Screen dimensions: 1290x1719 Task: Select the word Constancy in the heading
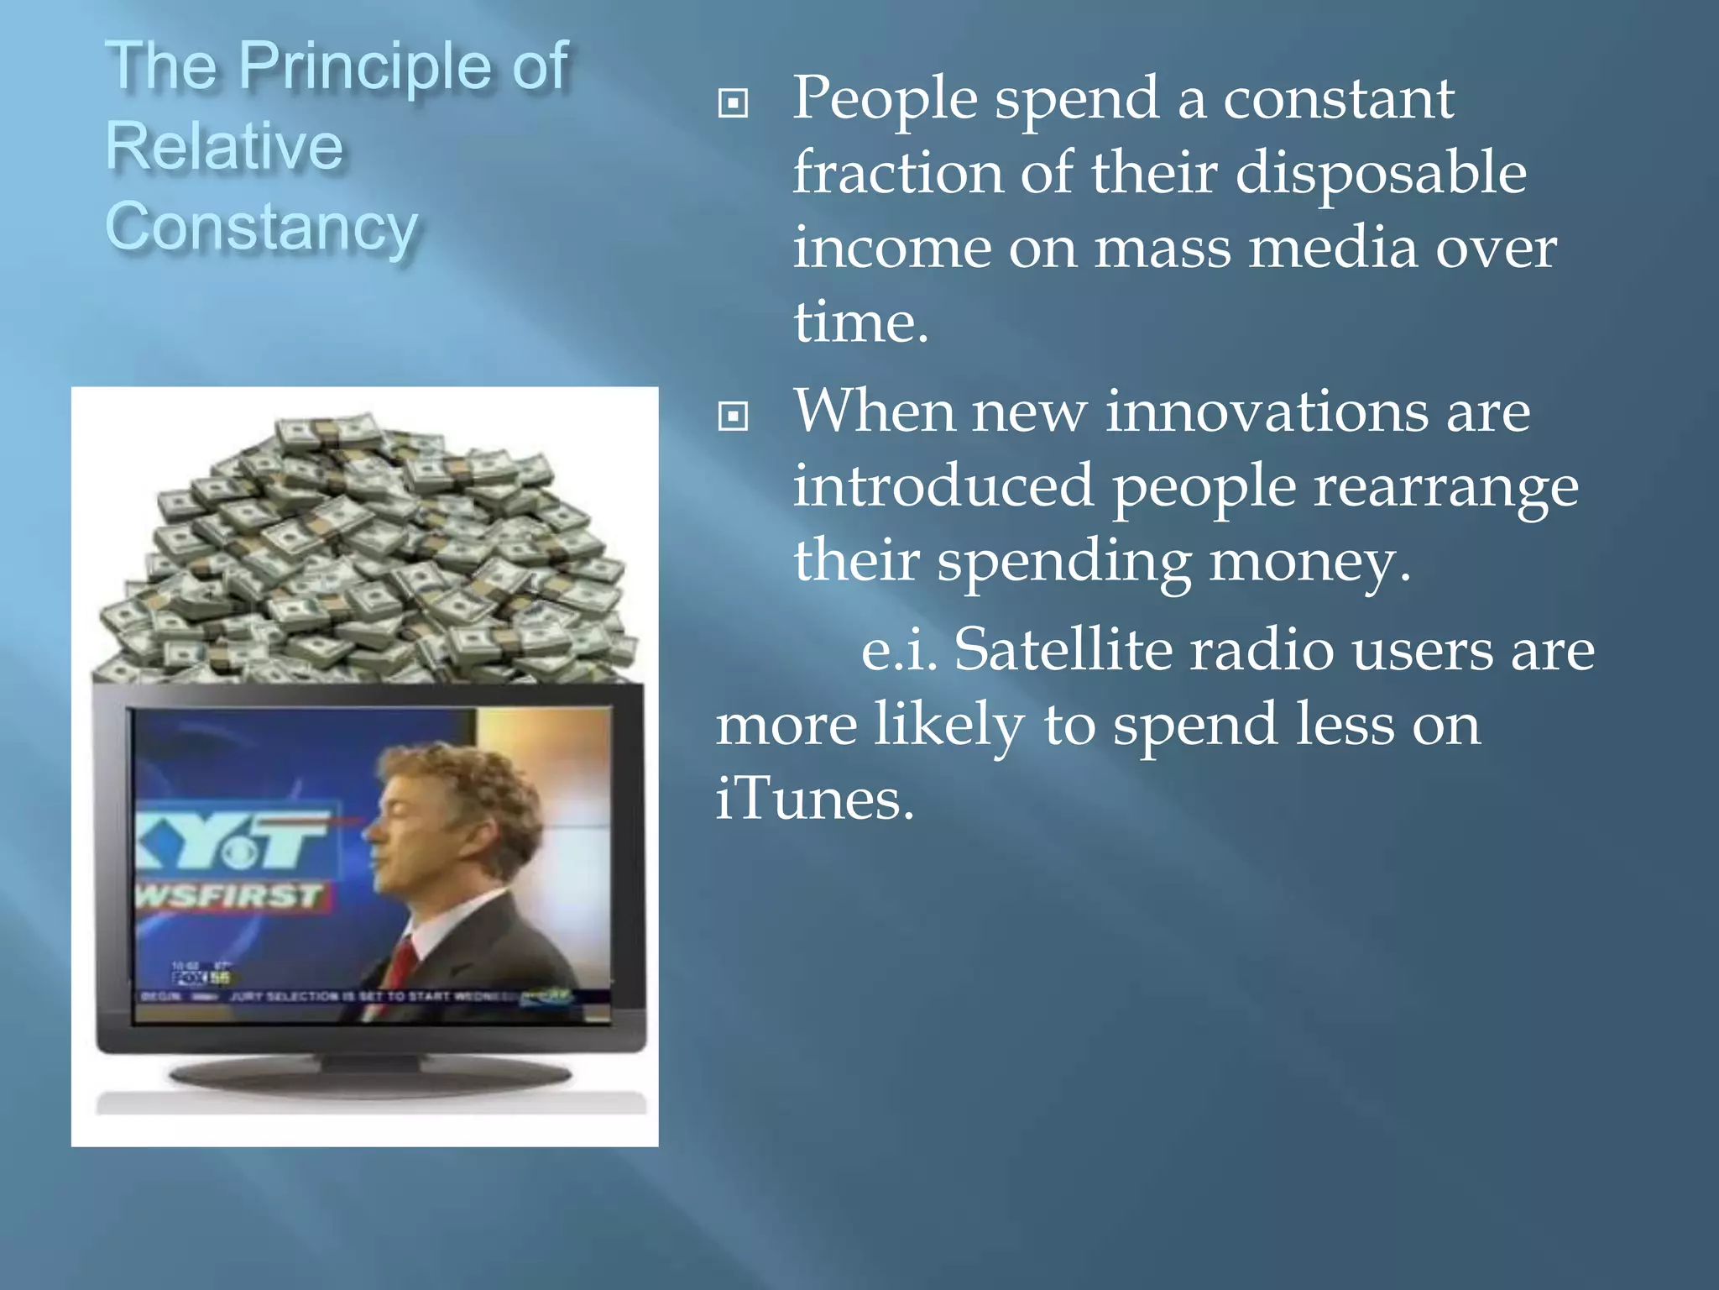click(x=262, y=227)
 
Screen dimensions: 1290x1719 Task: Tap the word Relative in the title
click(x=224, y=146)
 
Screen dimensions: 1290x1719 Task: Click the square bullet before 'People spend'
click(x=733, y=103)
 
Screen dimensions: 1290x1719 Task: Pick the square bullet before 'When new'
click(x=733, y=416)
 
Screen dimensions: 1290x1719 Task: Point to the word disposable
click(x=1381, y=173)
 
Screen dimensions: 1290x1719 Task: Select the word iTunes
click(x=814, y=798)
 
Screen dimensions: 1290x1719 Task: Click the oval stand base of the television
click(x=369, y=1075)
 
